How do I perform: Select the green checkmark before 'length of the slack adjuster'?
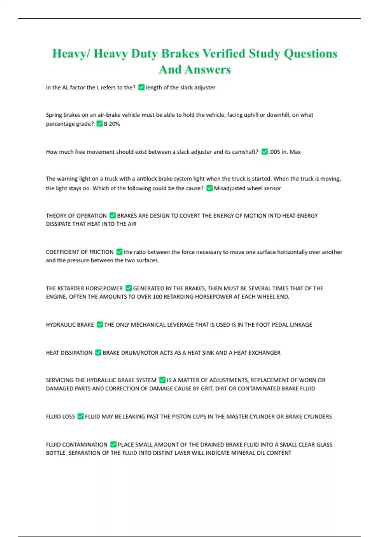[x=141, y=87]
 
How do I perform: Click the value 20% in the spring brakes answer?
[x=114, y=124]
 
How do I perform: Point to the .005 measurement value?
[x=274, y=152]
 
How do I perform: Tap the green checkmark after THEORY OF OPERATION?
[x=112, y=216]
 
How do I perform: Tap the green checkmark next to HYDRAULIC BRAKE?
[x=99, y=325]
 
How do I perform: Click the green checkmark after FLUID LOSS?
[x=81, y=417]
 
